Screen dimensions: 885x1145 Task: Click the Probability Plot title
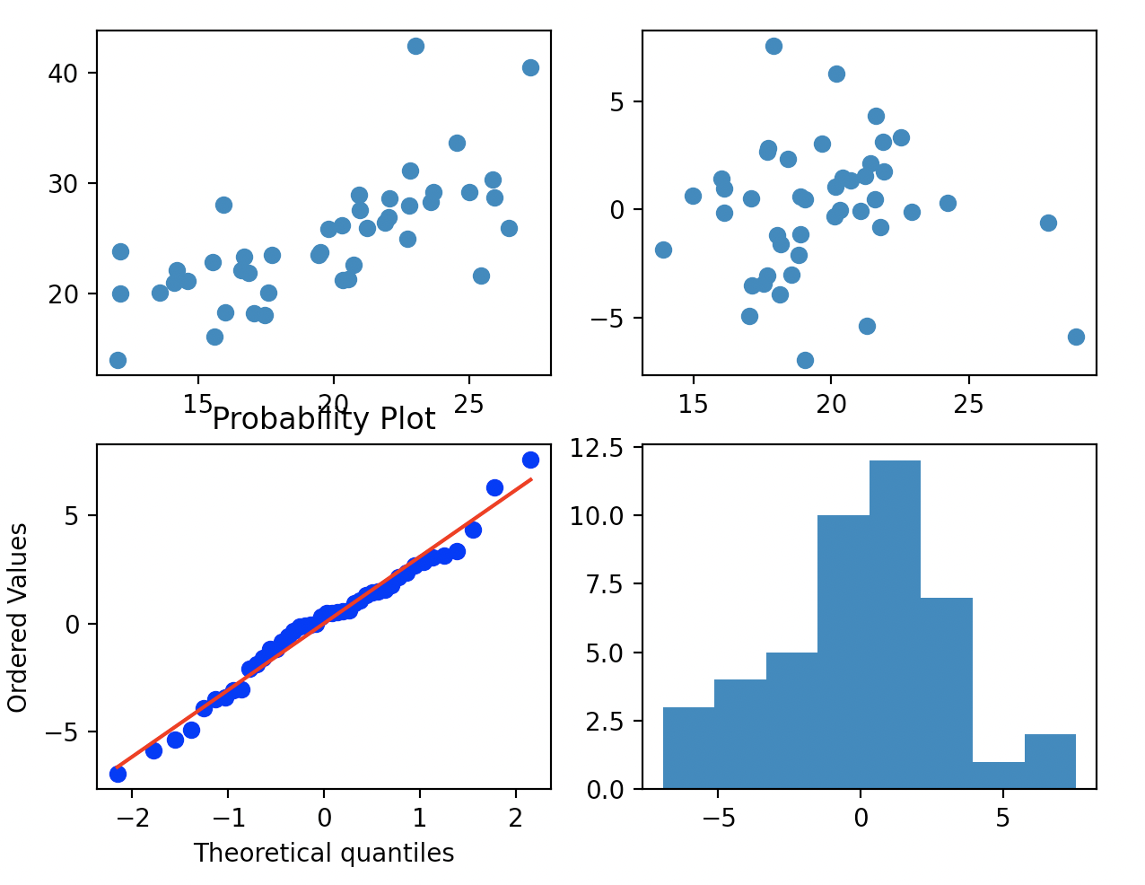click(323, 420)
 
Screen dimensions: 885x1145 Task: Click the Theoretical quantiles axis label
click(323, 853)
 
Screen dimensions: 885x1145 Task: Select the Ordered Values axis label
click(18, 618)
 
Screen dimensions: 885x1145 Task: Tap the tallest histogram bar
click(895, 625)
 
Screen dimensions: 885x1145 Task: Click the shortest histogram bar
click(998, 775)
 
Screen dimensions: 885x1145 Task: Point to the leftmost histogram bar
click(688, 748)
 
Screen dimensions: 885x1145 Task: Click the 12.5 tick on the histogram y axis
click(600, 447)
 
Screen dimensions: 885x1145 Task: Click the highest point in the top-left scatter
click(415, 46)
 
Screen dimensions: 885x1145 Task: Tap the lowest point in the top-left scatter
click(118, 360)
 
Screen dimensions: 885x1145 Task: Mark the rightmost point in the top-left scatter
click(530, 67)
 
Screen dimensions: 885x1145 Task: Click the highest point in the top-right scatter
click(774, 46)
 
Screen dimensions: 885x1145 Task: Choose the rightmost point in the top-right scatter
click(1076, 337)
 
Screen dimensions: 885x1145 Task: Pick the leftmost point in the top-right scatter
click(663, 250)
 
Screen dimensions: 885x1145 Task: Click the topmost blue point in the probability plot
click(530, 460)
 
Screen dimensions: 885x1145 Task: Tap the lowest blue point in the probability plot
click(118, 774)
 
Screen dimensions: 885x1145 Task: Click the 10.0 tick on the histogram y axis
click(600, 515)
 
